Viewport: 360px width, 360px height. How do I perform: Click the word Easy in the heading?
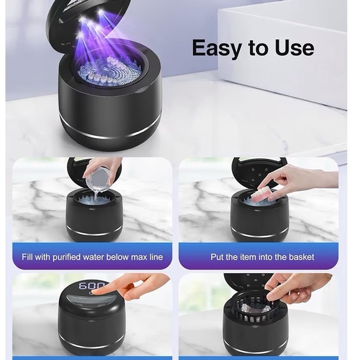point(217,48)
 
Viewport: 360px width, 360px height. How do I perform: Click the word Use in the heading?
point(292,48)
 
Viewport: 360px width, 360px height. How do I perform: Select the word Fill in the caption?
point(29,256)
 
